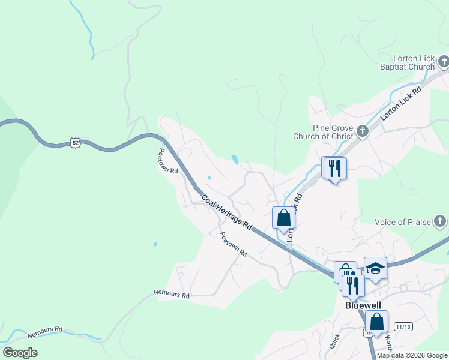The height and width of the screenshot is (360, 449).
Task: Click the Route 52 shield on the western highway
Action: (74, 142)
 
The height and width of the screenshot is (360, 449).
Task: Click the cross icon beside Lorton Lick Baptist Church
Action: (444, 61)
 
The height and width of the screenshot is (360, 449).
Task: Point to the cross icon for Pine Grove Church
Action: (362, 131)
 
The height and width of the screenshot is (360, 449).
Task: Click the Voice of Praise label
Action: (403, 222)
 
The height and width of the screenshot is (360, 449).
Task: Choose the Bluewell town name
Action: (364, 304)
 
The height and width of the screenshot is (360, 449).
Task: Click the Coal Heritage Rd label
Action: (226, 212)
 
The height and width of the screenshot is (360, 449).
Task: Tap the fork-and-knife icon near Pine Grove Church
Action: (334, 167)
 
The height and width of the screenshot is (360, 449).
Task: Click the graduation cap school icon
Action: (375, 268)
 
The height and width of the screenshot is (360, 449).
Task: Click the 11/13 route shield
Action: (403, 326)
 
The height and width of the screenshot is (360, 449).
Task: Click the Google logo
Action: (20, 353)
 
